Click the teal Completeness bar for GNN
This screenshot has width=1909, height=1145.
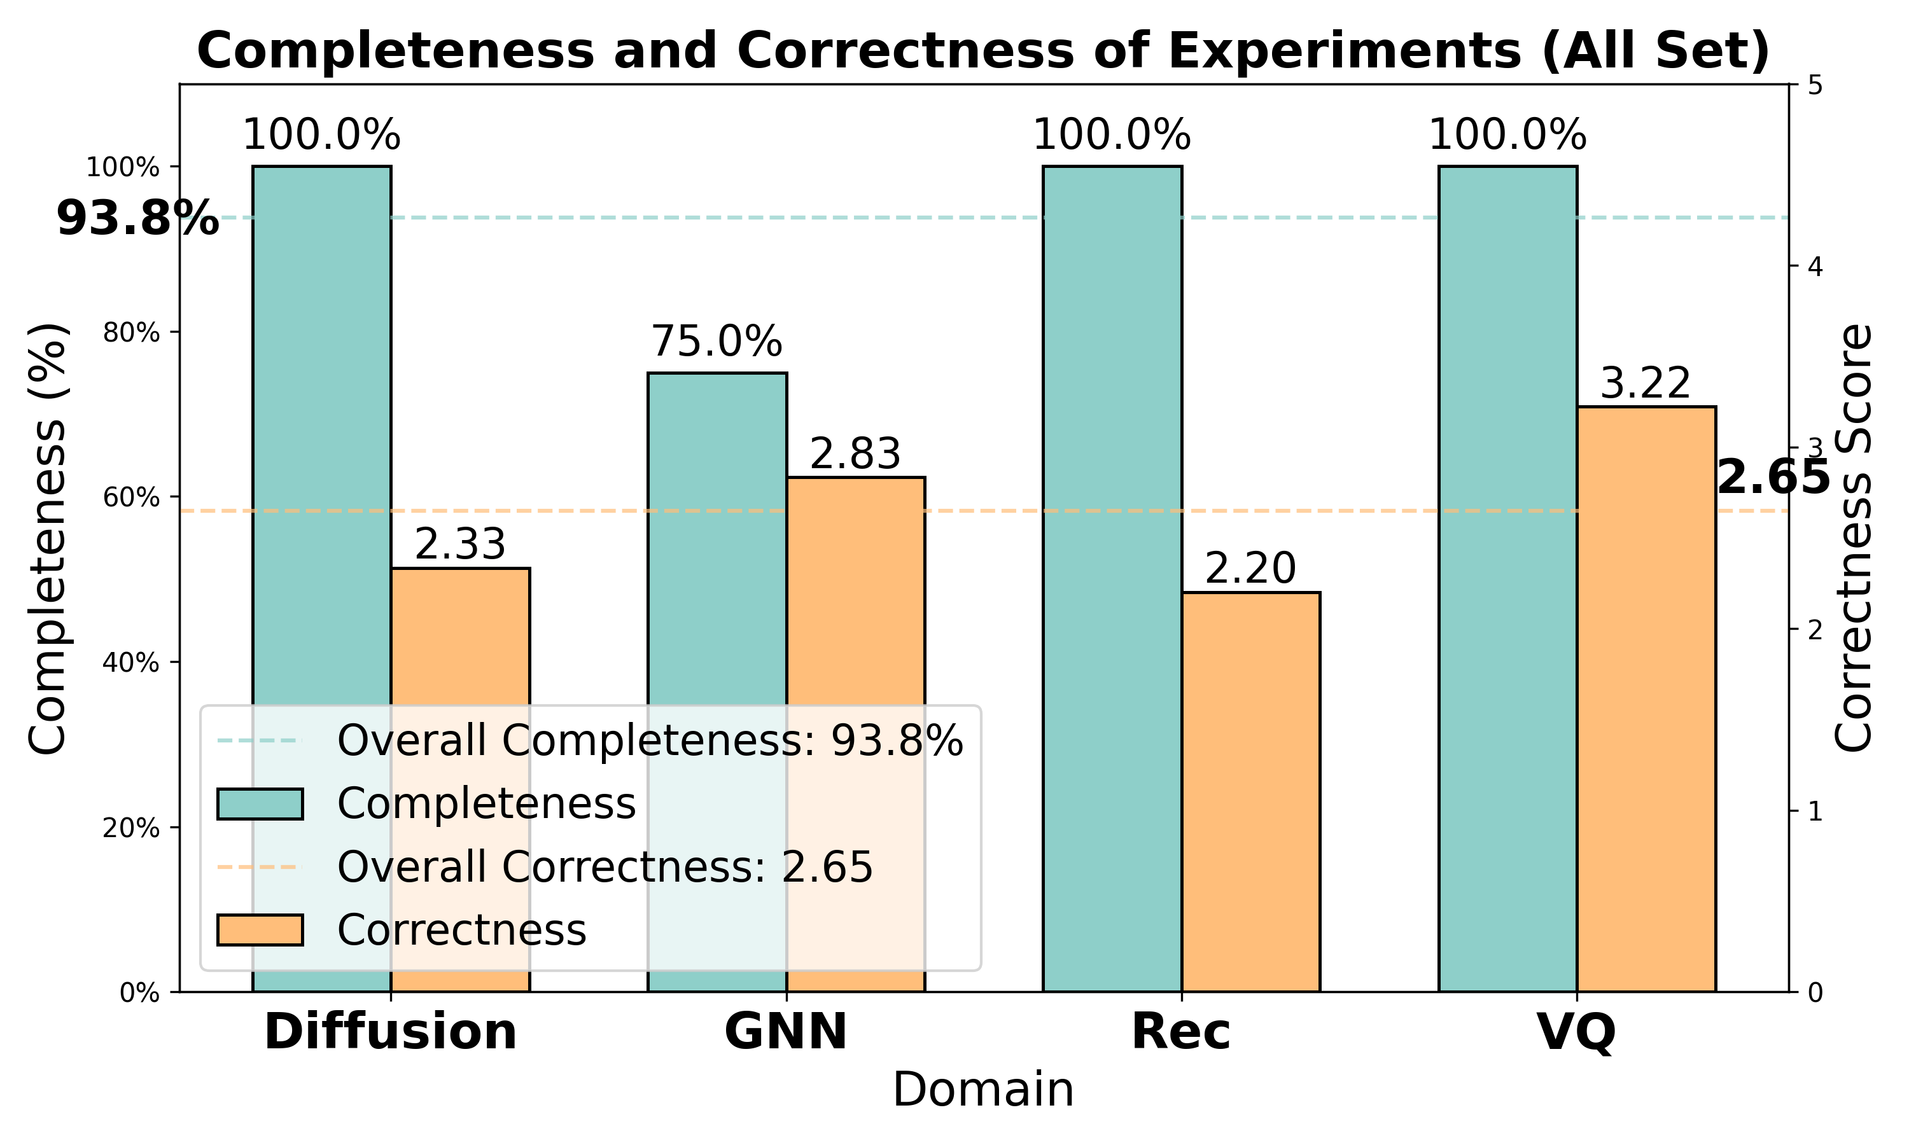click(x=717, y=540)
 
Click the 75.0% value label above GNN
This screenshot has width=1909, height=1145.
click(x=717, y=341)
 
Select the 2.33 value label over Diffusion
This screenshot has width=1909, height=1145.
click(x=460, y=545)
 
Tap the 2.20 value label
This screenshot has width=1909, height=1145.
click(x=1250, y=569)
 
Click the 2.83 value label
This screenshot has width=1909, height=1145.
click(x=855, y=454)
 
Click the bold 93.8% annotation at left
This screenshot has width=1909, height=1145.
click(x=137, y=219)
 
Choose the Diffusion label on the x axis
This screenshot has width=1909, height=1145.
click(x=391, y=1032)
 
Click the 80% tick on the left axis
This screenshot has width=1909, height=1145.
click(x=132, y=333)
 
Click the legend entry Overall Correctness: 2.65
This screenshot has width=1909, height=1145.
click(x=604, y=866)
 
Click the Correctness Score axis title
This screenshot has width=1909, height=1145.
click(x=1854, y=538)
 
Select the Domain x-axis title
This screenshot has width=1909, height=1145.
click(x=983, y=1091)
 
